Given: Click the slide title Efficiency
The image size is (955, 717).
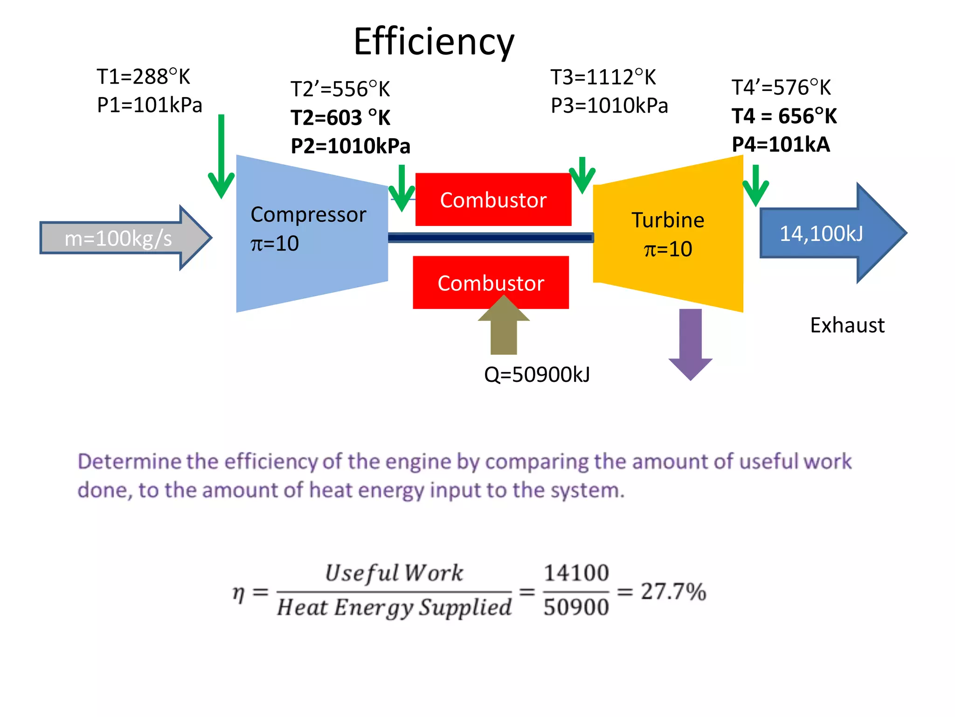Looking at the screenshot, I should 434,41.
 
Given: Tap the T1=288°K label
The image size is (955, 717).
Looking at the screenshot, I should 143,77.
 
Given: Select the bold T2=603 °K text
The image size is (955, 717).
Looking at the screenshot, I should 340,118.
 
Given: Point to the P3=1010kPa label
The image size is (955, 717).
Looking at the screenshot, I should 609,105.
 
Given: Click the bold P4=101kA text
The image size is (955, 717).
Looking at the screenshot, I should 781,144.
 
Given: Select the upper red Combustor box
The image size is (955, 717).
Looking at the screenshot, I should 493,200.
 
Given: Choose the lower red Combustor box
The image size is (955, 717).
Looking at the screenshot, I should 491,283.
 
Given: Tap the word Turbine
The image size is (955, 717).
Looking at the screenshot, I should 668,220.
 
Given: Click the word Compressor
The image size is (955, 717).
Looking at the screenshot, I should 308,214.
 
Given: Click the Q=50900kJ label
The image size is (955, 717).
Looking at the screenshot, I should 537,374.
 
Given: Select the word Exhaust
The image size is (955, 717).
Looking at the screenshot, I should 847,325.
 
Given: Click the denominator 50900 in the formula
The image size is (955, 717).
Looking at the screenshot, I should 576,607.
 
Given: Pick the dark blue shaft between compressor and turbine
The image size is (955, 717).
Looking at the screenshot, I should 490,238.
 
